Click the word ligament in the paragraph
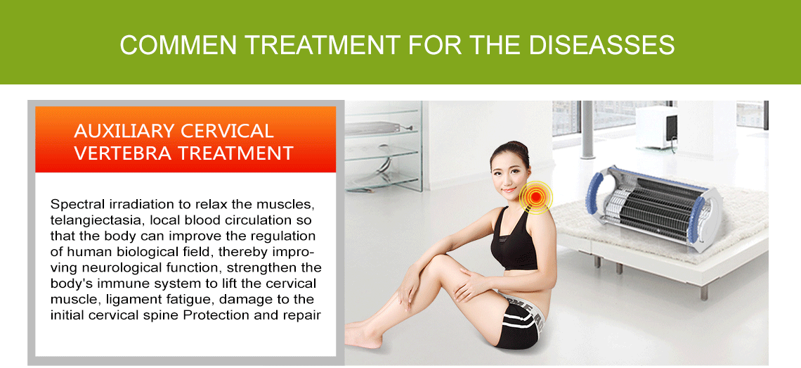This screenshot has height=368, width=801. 119,299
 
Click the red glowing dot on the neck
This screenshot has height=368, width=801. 536,197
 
